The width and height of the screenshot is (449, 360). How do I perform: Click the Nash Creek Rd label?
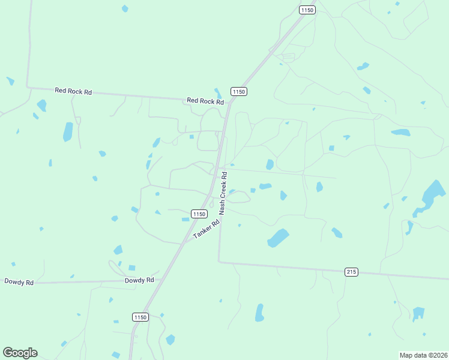tap(223, 194)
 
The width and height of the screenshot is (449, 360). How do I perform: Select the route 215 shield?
tap(352, 272)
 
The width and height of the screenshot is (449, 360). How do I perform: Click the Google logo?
tap(20, 353)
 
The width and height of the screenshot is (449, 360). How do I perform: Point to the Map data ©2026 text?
tap(424, 355)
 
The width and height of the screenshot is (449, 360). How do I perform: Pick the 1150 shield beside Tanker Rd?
tap(199, 214)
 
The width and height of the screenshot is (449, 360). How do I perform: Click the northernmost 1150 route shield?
tap(307, 10)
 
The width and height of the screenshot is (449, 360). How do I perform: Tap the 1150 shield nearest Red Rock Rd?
tap(239, 91)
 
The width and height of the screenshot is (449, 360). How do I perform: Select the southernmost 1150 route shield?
tap(140, 317)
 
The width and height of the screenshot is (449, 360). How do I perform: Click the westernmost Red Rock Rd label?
tap(73, 91)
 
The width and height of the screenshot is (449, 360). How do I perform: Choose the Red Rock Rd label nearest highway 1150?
tap(205, 101)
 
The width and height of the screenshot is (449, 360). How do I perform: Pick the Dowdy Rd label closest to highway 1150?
tap(139, 280)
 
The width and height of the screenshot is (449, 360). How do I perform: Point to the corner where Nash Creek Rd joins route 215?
tap(218, 262)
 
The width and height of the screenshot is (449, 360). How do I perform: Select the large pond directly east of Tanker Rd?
tap(277, 238)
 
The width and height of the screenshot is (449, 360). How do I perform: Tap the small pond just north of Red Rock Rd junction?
tap(218, 92)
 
